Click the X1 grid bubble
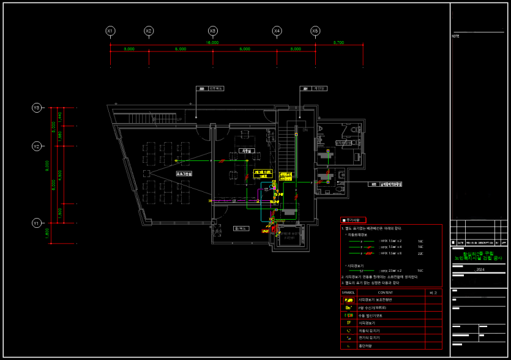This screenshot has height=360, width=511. (110, 31)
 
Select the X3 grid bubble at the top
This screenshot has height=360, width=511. (212, 31)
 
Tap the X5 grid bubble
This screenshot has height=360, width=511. (315, 31)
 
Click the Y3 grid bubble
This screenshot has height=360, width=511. (36, 108)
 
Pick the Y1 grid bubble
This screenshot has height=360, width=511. (36, 223)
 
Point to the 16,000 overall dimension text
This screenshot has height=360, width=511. (212, 43)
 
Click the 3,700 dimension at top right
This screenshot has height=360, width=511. (338, 43)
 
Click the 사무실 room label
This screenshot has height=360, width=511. (247, 150)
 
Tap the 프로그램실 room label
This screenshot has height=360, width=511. (184, 174)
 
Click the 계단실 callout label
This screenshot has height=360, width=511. (318, 88)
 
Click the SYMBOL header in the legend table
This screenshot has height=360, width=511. (348, 293)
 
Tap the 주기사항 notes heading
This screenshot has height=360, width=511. (354, 219)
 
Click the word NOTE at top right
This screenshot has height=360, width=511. (456, 37)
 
